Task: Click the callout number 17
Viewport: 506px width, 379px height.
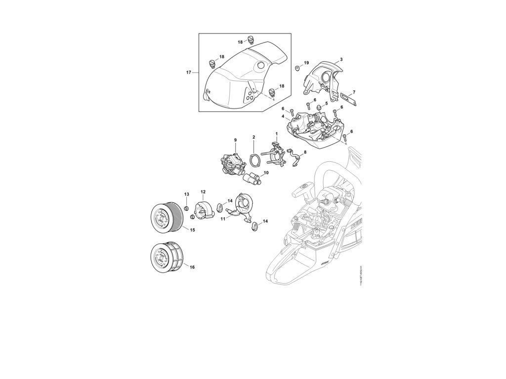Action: pos(188,73)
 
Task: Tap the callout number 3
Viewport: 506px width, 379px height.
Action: pos(341,59)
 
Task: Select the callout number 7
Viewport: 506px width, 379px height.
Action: pos(354,92)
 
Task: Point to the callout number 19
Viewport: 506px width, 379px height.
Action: pos(306,63)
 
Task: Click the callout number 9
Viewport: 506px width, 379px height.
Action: pos(235,140)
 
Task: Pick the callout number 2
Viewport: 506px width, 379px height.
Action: pos(253,137)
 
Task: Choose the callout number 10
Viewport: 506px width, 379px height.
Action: pos(266,173)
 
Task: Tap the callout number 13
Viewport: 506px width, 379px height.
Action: pos(187,194)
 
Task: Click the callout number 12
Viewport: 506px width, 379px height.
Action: pos(203,191)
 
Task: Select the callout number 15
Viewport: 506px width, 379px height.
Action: pos(192,230)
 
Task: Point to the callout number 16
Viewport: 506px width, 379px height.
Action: pos(192,267)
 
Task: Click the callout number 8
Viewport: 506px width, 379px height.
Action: pos(305,152)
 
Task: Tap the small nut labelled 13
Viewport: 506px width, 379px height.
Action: pos(187,207)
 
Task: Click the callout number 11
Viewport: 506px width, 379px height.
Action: pos(223,218)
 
